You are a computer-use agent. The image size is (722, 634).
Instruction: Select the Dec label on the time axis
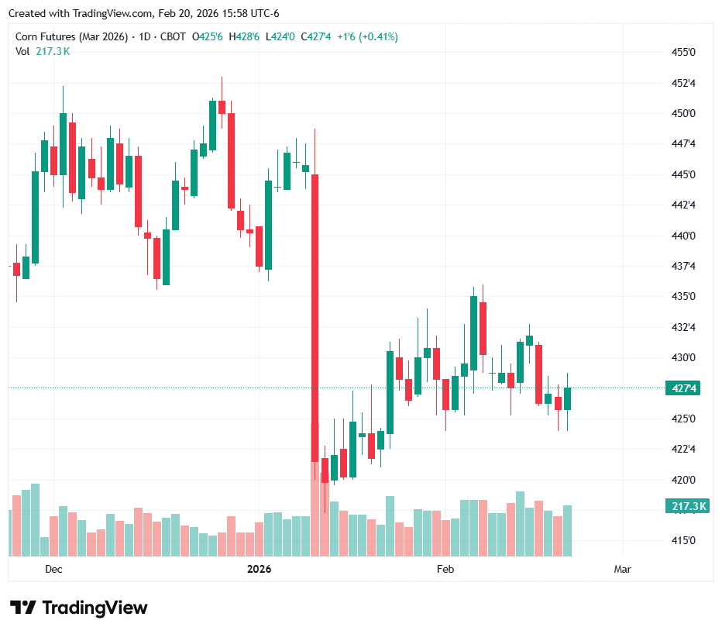click(x=53, y=569)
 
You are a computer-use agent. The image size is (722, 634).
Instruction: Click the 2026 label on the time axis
click(x=259, y=569)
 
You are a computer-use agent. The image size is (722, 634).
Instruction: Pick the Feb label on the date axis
click(x=445, y=569)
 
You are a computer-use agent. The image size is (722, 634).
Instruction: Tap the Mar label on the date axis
click(x=622, y=569)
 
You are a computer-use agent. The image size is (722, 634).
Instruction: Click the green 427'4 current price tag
click(x=682, y=388)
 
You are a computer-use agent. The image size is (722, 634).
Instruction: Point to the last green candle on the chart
click(x=568, y=398)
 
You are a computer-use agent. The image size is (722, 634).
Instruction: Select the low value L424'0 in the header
click(x=280, y=36)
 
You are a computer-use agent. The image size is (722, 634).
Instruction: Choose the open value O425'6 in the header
click(x=208, y=36)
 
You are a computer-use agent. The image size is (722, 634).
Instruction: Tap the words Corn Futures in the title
click(x=45, y=36)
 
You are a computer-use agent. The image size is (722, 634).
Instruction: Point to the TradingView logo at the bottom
click(x=78, y=608)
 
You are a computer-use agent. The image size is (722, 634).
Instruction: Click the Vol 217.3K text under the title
click(x=43, y=51)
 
